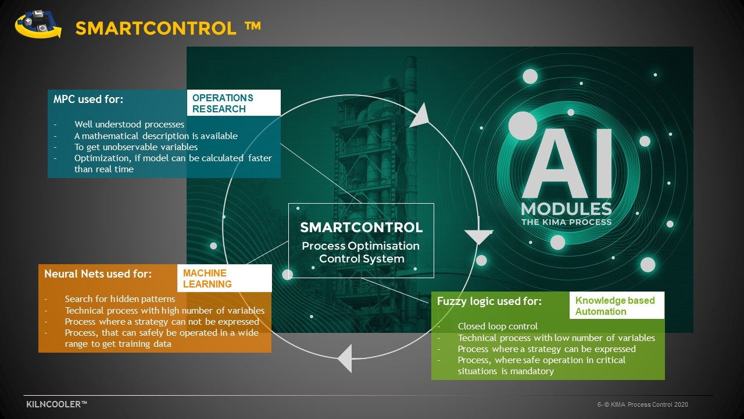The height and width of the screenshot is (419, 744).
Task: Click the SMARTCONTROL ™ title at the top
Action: [x=168, y=28]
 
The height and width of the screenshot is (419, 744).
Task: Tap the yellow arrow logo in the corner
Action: [x=38, y=24]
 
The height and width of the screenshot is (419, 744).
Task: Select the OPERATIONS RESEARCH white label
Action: [x=234, y=103]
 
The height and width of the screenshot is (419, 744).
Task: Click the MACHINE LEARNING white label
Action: [x=224, y=278]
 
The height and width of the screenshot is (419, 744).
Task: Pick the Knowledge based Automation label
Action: [x=617, y=306]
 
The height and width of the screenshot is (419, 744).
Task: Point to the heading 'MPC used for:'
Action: [x=88, y=99]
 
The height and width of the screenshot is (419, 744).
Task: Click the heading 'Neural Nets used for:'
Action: [x=98, y=274]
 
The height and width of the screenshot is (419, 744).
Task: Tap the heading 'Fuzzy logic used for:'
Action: [x=489, y=301]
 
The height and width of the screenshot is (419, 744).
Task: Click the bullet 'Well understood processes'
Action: [x=129, y=125]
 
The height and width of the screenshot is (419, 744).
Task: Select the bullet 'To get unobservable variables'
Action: [x=136, y=147]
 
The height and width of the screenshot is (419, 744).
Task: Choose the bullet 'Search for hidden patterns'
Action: [x=120, y=299]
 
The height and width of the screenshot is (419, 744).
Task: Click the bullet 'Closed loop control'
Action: [x=498, y=326]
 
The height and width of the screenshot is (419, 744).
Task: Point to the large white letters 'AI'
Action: [x=567, y=164]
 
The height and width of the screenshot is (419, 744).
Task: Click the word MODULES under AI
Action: [x=567, y=209]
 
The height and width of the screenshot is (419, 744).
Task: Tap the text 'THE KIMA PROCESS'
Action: [x=567, y=222]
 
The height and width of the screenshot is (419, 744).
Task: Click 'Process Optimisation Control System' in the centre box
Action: [x=361, y=252]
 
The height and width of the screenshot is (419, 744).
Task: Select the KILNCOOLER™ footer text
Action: [x=57, y=404]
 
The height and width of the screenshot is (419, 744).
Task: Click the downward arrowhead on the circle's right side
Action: [x=478, y=236]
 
